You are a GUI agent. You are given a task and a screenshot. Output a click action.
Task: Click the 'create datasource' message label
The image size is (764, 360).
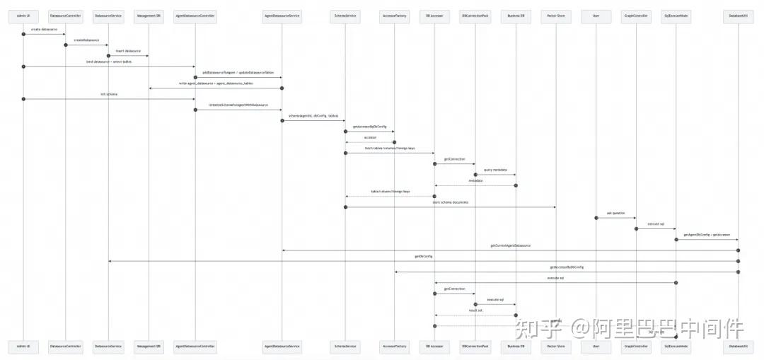44,30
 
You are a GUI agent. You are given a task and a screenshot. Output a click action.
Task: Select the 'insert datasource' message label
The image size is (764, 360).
128,51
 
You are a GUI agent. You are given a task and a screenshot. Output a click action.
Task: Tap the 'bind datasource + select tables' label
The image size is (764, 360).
109,62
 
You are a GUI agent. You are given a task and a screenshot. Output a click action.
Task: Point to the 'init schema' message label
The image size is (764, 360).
109,94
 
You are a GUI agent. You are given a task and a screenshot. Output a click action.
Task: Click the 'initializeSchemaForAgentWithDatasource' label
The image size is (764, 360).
238,105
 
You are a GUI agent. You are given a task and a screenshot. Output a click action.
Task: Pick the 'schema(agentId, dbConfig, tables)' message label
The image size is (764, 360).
313,115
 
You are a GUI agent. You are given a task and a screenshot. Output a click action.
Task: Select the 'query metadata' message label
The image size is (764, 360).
495,170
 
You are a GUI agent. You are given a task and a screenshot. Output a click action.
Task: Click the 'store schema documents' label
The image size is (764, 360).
450,202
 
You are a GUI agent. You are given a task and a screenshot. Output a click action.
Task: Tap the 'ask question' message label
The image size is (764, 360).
615,213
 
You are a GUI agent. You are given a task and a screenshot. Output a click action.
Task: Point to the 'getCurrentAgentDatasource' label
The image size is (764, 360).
510,245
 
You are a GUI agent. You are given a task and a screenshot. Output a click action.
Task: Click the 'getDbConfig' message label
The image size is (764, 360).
424,256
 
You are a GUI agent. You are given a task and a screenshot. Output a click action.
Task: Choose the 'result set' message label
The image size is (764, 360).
475,310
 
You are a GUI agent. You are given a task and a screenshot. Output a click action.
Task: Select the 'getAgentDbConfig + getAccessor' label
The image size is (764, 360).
707,235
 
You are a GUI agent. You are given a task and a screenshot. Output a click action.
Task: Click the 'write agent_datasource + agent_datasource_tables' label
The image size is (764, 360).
216,83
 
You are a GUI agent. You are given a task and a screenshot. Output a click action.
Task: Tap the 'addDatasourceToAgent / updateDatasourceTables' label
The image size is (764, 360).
238,72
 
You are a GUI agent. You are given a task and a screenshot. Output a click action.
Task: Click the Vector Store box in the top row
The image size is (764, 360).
556,14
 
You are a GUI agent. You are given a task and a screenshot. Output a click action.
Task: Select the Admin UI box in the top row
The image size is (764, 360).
23,14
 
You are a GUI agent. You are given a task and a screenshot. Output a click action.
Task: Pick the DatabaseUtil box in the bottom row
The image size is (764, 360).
739,347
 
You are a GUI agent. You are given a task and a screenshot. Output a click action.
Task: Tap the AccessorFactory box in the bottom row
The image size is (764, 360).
394,347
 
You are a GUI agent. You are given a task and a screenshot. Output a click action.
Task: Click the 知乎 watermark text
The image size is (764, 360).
539,328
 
